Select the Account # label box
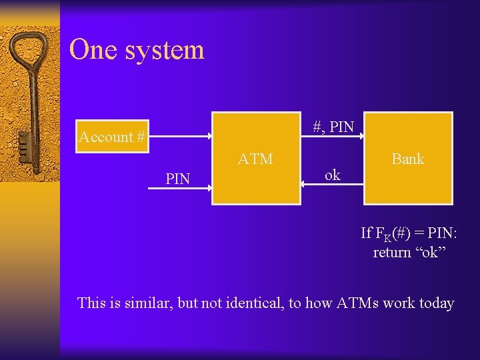coord(112,137)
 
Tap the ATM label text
coord(255,159)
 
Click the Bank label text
coord(408,159)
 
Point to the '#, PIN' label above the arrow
coord(333,127)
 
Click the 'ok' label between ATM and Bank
coord(332,175)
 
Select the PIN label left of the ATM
coord(178,179)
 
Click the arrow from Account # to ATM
coord(180,137)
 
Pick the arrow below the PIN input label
coord(179,189)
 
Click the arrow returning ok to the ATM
coord(331,187)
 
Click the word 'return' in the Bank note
coord(392,253)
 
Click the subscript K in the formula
coord(387,236)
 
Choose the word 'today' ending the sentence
coord(437,303)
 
